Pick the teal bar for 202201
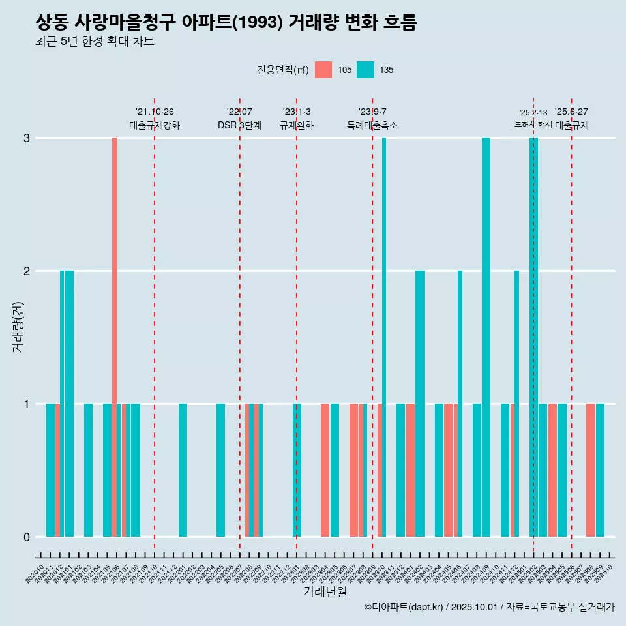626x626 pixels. tap(183, 470)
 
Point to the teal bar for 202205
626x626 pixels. tap(221, 470)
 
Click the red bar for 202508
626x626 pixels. tap(590, 470)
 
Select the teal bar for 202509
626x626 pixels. tap(600, 470)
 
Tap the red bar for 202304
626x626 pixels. tap(325, 470)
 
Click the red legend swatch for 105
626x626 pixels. tap(323, 70)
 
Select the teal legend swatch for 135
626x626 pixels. tap(365, 70)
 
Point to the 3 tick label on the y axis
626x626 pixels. tap(27, 138)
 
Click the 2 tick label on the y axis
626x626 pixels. tap(27, 271)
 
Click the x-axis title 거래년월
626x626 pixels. tap(325, 591)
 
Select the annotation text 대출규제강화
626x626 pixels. tap(155, 125)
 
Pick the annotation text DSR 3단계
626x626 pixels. tap(240, 125)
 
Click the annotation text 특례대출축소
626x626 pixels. tap(372, 125)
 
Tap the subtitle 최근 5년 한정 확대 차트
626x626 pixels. tap(95, 42)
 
